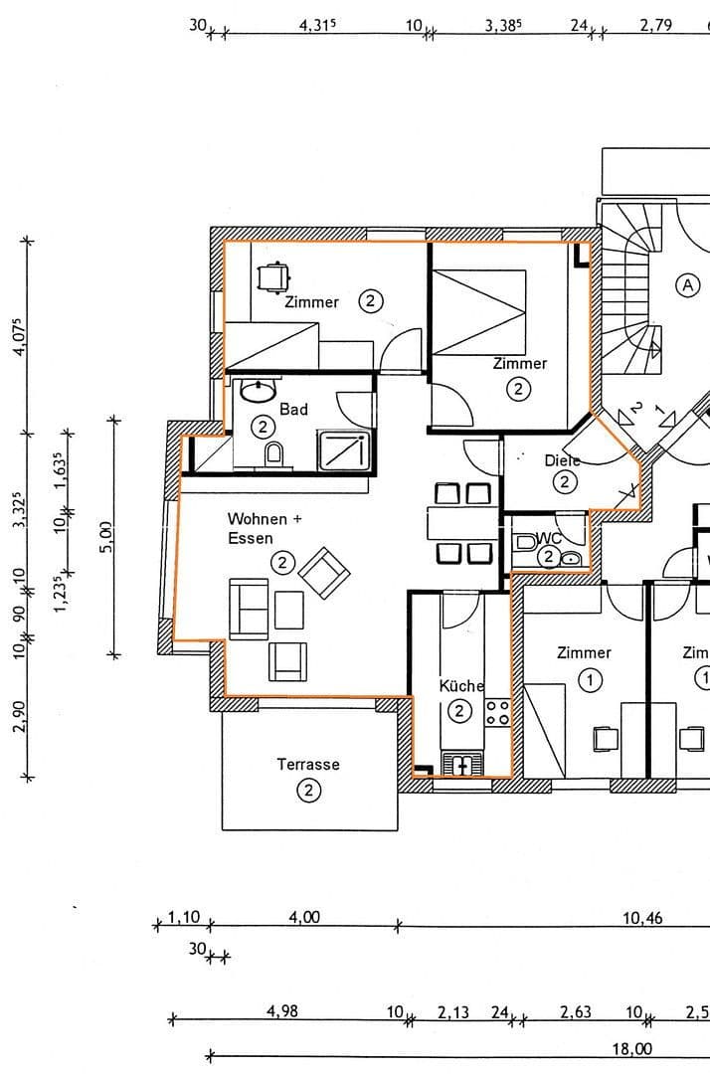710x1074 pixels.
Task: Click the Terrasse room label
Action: click(x=307, y=764)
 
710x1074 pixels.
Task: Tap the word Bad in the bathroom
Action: click(x=293, y=409)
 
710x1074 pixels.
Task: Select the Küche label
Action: click(x=461, y=685)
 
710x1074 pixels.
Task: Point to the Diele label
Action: click(x=562, y=460)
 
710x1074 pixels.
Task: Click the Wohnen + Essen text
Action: click(x=257, y=528)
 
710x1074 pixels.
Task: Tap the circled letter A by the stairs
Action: click(x=686, y=285)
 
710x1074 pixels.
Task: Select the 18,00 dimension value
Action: click(x=631, y=1048)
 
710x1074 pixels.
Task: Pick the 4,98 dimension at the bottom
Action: click(x=281, y=1011)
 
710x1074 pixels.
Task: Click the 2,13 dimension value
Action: click(x=453, y=1011)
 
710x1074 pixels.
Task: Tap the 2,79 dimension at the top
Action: click(x=655, y=26)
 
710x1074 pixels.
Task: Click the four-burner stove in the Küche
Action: click(x=496, y=711)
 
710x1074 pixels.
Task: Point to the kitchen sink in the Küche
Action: click(x=463, y=764)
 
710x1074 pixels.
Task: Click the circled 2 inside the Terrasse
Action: click(x=308, y=791)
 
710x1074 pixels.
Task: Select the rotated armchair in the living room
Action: click(x=324, y=574)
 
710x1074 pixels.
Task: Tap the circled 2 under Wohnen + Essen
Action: click(x=282, y=564)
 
